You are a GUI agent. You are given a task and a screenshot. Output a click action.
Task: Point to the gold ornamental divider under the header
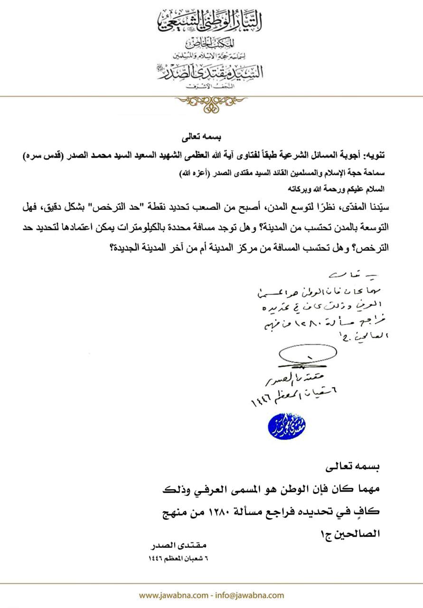coord(211,103)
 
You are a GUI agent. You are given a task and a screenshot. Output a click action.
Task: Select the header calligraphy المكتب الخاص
coord(211,45)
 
